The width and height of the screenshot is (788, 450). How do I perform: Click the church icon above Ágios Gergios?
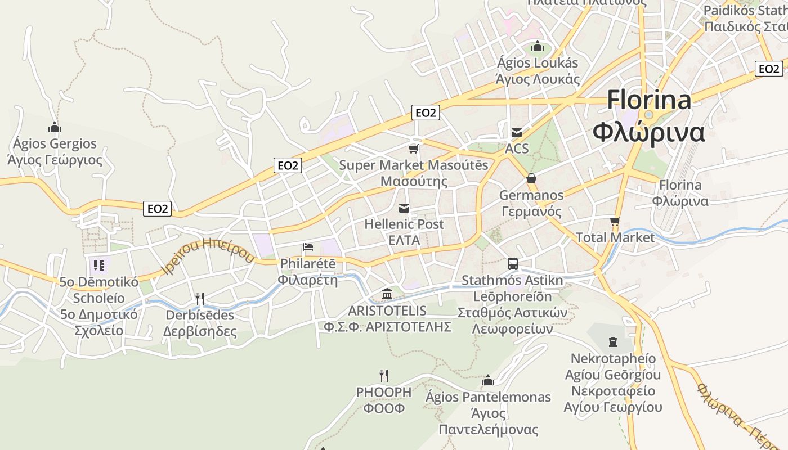pos(55,128)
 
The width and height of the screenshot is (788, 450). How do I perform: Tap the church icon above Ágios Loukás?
pos(537,46)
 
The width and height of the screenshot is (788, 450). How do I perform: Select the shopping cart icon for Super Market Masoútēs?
pos(414,149)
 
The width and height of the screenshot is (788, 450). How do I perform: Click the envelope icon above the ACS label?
pos(516,133)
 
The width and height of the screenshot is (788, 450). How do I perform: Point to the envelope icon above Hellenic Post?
pos(404,208)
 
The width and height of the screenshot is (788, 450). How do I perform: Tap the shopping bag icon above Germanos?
pos(531,179)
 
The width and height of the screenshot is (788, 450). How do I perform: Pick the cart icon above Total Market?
pos(615,221)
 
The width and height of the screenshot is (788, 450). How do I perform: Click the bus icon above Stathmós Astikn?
pos(512,263)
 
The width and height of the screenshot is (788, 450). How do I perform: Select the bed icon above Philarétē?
pos(307,247)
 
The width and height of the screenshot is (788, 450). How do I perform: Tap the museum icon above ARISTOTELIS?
pos(387,294)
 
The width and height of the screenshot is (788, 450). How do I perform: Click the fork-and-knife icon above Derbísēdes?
pos(199,298)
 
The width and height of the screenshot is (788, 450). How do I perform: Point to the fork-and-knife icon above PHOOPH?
pos(384,375)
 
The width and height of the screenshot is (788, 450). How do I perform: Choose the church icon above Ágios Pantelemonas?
pos(488,381)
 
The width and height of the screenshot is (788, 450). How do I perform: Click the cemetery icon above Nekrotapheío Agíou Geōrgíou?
pos(613,341)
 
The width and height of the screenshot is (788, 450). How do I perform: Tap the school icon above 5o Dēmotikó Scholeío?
pos(99,265)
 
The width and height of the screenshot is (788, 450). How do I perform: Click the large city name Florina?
pos(649,101)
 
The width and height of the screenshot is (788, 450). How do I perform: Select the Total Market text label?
pos(615,237)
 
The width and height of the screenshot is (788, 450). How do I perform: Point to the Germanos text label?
pos(531,195)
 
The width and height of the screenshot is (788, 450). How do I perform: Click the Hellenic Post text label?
pos(404,224)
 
